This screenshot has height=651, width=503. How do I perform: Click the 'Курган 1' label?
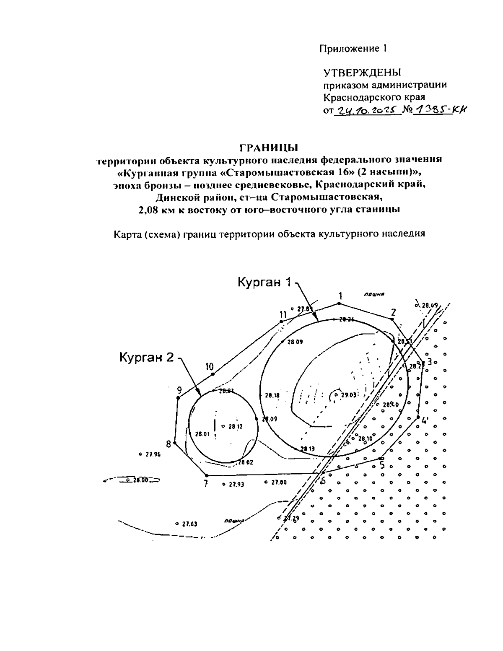264,283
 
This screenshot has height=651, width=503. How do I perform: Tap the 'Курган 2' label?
146,358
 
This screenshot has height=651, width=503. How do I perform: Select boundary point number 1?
340,303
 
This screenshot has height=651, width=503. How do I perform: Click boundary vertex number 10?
213,374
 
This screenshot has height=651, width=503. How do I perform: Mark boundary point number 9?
178,397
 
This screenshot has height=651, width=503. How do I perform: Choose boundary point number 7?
206,475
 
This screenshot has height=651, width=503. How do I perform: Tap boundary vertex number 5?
380,458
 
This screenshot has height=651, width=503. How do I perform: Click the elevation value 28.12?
235,426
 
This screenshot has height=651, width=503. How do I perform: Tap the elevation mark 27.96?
153,454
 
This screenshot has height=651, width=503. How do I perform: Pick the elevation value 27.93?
236,484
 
